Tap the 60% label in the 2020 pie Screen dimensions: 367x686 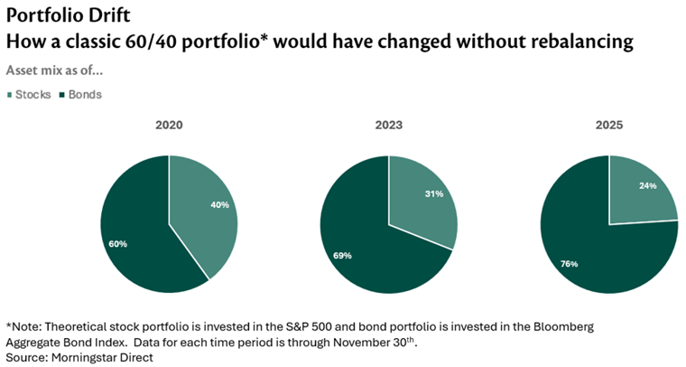point(118,244)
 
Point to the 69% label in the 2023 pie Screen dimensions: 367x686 point(342,256)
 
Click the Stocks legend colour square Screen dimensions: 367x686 point(10,94)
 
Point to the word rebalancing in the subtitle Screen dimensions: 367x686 point(578,42)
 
